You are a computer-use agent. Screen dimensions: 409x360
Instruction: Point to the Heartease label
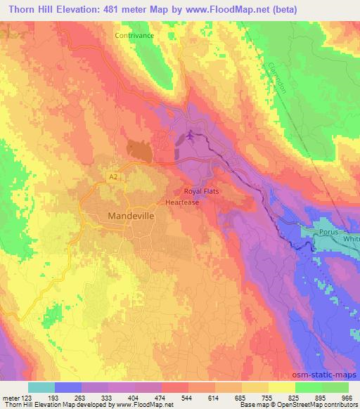tap(183, 202)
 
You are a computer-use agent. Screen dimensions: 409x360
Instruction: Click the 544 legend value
tap(184, 397)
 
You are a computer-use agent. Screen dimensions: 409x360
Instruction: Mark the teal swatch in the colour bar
tap(41, 387)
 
